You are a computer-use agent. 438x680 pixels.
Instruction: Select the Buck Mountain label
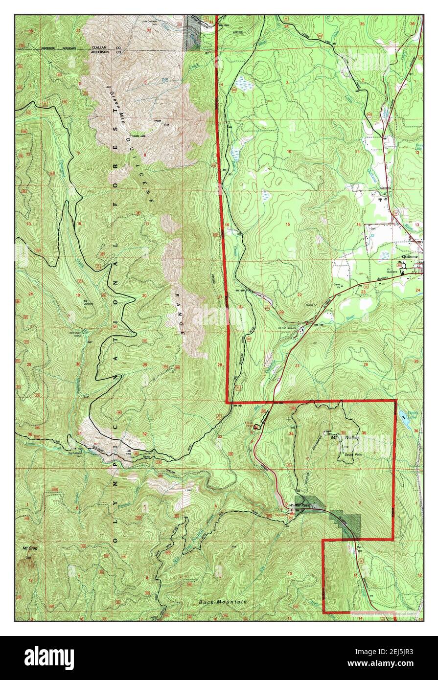point(223,602)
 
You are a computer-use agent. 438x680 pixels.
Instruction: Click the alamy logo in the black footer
point(49,657)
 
